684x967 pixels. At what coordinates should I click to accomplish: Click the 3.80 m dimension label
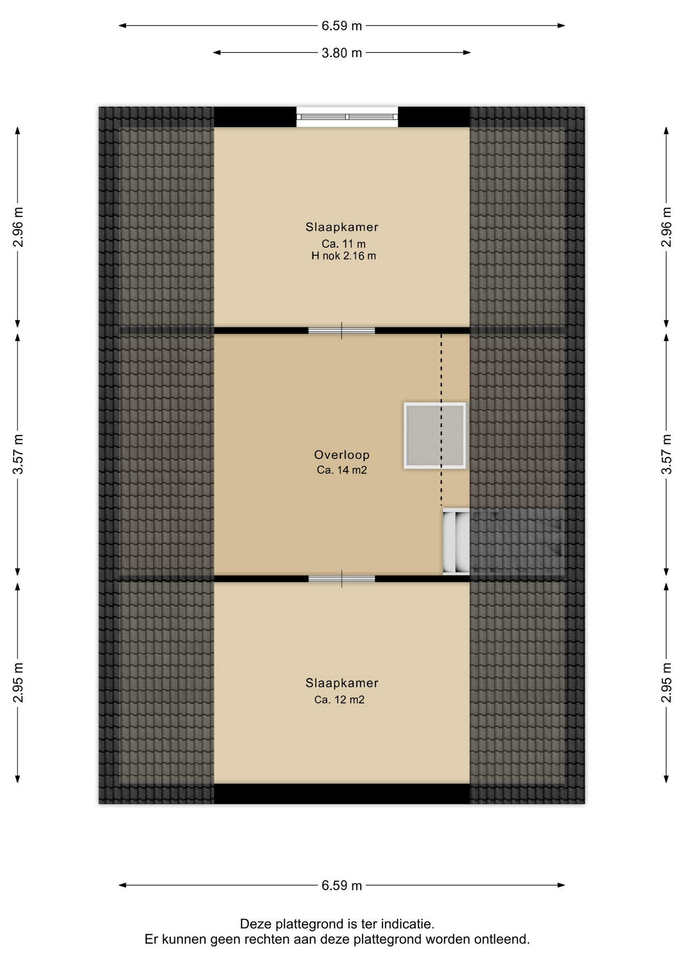point(341,53)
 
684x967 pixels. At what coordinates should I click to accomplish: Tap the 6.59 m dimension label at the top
point(341,26)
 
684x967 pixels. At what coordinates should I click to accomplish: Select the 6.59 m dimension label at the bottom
point(341,885)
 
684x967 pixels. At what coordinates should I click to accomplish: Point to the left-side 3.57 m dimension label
point(18,454)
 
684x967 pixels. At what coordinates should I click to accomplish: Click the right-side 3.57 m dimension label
point(666,454)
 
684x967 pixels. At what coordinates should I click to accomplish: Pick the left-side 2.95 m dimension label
point(18,682)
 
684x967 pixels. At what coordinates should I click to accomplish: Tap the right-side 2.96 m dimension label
point(666,227)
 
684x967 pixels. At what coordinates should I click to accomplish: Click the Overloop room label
point(342,455)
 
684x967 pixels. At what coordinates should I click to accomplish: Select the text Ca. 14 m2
point(342,470)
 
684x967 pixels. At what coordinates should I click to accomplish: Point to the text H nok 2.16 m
point(344,256)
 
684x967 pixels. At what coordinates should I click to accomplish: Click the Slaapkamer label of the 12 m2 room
point(342,683)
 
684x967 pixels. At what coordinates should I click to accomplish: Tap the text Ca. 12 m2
point(339,700)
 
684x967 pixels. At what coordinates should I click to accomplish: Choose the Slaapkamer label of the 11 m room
point(342,227)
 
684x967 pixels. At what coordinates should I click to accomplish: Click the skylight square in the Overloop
point(435,436)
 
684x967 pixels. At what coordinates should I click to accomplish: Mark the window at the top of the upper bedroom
point(347,117)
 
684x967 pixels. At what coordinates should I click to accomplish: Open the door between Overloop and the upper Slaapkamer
point(341,330)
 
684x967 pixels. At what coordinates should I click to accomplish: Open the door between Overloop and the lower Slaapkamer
point(341,579)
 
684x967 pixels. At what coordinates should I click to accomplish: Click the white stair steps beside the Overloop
point(456,541)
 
